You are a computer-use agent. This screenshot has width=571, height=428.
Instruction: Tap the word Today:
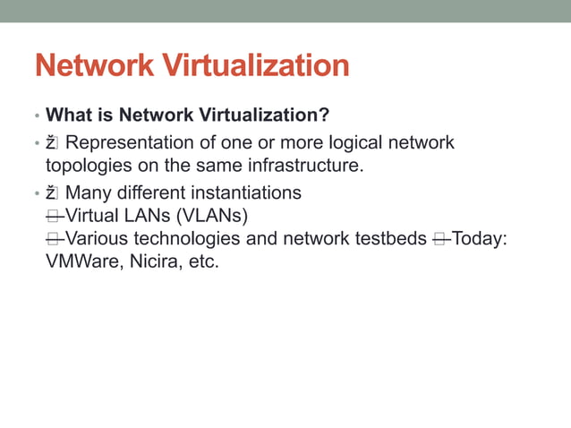pyautogui.click(x=482, y=240)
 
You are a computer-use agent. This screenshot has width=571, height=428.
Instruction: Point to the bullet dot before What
pyautogui.click(x=37, y=116)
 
